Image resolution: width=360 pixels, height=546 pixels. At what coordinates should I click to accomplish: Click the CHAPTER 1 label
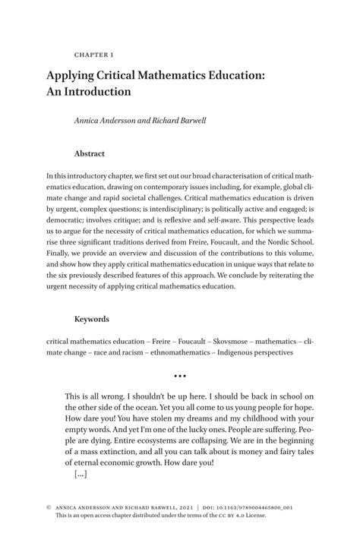coord(95,55)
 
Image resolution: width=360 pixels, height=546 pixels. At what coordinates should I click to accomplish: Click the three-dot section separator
coord(179,376)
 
